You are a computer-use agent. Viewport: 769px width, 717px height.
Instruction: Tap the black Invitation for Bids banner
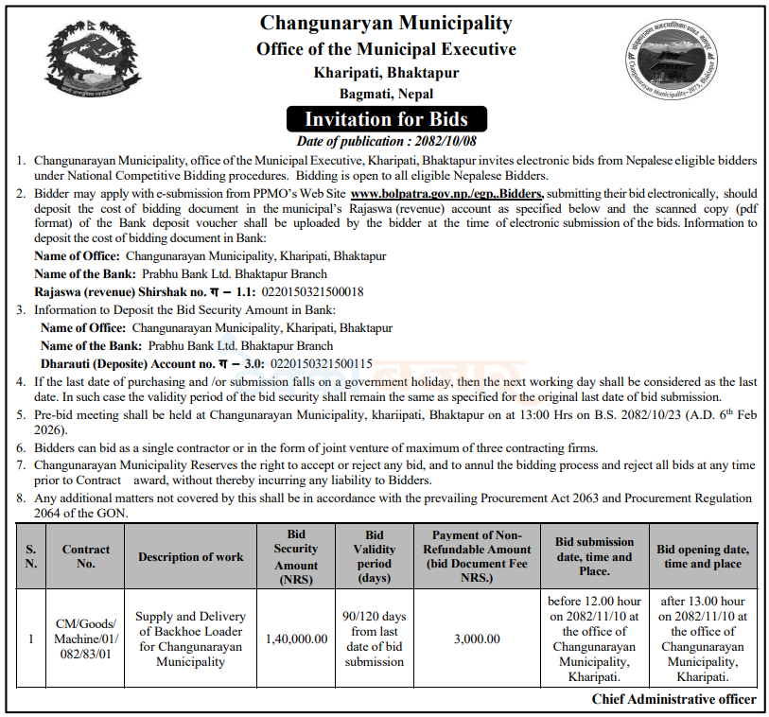tap(386, 119)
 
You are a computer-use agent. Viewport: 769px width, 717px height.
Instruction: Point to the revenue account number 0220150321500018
tap(301, 291)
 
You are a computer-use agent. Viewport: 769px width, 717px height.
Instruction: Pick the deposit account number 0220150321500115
tap(322, 363)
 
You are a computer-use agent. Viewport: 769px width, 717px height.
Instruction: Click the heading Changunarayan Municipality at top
tap(386, 23)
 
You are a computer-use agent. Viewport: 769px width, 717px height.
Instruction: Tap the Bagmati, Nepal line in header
tap(386, 94)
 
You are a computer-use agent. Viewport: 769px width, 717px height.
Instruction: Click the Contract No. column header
tap(86, 556)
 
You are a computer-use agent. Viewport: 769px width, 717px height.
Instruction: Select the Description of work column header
tap(190, 556)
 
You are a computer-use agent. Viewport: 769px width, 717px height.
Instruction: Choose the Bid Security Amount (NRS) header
tap(296, 556)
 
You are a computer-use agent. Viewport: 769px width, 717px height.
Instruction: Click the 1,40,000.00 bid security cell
tap(296, 638)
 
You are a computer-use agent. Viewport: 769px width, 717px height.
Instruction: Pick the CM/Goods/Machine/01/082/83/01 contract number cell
tap(86, 638)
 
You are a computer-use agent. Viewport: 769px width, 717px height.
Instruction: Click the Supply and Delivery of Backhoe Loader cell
tap(190, 638)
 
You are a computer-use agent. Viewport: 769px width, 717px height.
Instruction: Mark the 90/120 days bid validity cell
tap(374, 638)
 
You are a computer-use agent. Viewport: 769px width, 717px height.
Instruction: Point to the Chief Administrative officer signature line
tap(673, 699)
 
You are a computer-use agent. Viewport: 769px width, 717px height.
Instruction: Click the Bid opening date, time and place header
tap(702, 556)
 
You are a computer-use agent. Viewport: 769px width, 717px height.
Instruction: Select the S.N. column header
tap(31, 556)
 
